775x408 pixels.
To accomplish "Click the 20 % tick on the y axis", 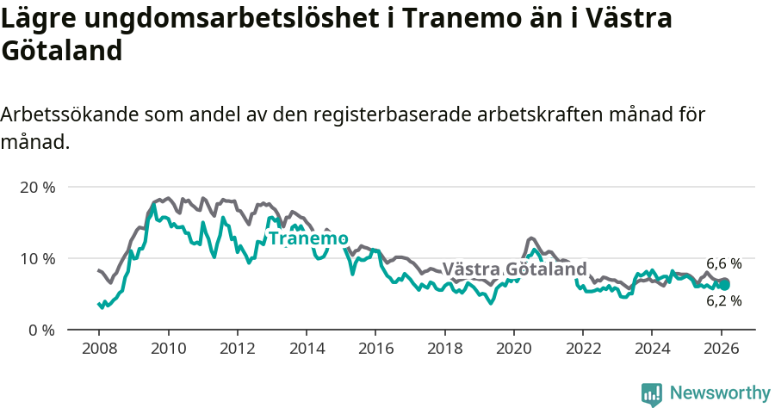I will [x=36, y=187].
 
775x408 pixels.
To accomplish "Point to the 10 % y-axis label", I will [x=36, y=258].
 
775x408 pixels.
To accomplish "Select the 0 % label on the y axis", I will [x=40, y=330].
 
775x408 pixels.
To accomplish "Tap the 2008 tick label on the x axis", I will [x=98, y=349].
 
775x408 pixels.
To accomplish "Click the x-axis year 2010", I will [x=168, y=349].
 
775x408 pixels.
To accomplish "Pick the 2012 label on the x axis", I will [x=237, y=349].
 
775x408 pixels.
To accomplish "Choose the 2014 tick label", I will [x=306, y=349].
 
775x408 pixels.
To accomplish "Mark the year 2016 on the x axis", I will [x=375, y=349].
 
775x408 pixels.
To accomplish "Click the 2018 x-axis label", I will [x=444, y=349].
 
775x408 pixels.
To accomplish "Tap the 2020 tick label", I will [x=513, y=349].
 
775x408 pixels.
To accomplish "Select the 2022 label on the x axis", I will [x=582, y=349].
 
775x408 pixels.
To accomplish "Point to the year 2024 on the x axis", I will [x=651, y=349].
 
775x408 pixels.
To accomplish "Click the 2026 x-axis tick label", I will [x=721, y=349].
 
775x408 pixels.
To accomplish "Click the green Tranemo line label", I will [x=307, y=238].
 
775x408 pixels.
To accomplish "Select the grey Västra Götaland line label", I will [x=514, y=269].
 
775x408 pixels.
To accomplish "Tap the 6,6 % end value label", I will [x=723, y=264].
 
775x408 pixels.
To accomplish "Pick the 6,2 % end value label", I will [x=723, y=301].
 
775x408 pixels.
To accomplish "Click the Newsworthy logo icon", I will [x=652, y=394].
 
